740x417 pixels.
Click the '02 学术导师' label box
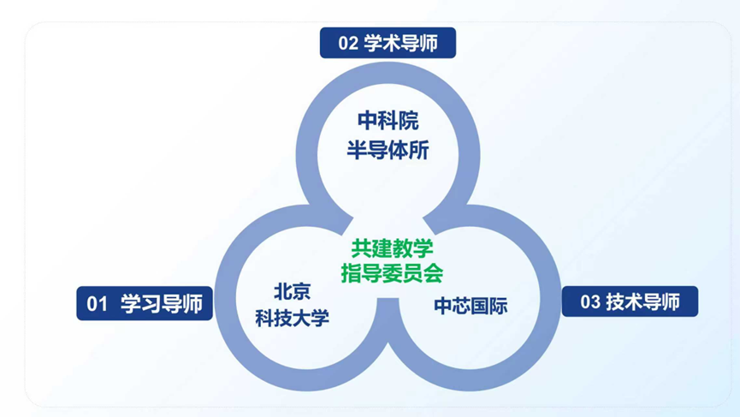pos(388,43)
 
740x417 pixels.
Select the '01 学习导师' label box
pos(144,303)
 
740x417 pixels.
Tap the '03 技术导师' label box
pos(630,301)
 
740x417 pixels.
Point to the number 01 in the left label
pos(97,304)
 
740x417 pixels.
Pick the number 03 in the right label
pos(590,302)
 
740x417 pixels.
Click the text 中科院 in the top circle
pos(388,121)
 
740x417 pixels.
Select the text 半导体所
pos(388,151)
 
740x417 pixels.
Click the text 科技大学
pos(292,319)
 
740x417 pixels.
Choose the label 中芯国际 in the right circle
pos(471,306)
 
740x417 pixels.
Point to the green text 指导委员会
pos(393,273)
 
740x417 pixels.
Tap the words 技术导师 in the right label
pos(642,302)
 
